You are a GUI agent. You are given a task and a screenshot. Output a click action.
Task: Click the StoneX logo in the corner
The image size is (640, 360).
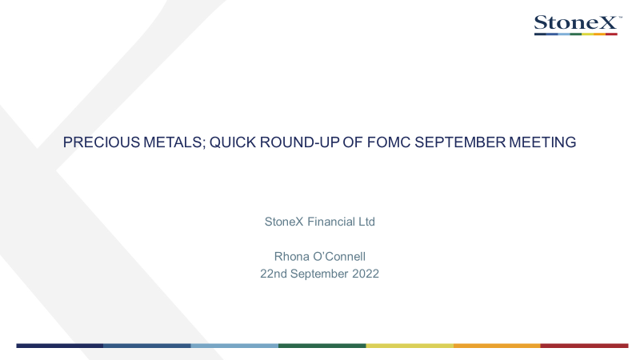[x=578, y=25]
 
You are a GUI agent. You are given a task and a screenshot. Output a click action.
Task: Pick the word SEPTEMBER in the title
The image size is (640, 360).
[x=460, y=142]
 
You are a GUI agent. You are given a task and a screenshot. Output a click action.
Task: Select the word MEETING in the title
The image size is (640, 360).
[x=542, y=142]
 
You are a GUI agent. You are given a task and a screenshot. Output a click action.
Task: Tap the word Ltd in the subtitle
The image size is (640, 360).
[x=366, y=222]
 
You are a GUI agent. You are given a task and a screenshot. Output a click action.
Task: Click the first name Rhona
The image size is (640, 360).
[x=291, y=256]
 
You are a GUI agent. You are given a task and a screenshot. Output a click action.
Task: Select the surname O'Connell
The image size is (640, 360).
[x=338, y=256]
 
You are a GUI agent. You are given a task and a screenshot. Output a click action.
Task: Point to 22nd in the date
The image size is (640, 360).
[x=274, y=274]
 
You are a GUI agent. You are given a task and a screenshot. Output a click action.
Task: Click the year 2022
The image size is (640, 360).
[x=366, y=274]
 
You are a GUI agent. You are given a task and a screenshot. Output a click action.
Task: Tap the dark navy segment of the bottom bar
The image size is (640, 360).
[x=59, y=346]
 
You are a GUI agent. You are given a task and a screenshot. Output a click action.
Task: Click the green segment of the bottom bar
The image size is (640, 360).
[x=322, y=346]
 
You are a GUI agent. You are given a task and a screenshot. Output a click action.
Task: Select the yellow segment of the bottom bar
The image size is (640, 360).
[x=410, y=346]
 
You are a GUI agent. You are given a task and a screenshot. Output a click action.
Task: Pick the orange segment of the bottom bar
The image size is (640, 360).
[x=497, y=346]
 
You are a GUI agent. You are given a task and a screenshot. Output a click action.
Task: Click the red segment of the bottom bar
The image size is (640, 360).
[x=585, y=346]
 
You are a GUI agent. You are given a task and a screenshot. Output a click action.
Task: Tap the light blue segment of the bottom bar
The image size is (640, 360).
[x=234, y=346]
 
